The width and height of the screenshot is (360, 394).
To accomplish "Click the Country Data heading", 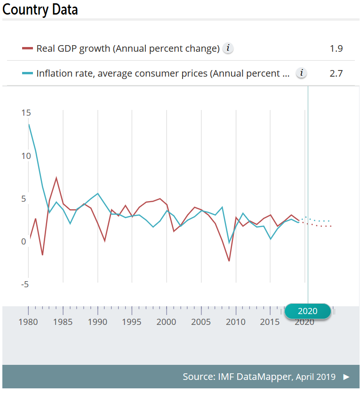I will [x=40, y=10].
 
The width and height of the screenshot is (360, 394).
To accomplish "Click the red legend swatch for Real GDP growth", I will [x=27, y=48].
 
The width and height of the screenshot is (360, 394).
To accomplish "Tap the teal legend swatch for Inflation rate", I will [x=27, y=73].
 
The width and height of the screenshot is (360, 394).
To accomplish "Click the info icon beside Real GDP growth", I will [x=228, y=48].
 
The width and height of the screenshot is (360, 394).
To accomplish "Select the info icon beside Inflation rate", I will [x=301, y=73].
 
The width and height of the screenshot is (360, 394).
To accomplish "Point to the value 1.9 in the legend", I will [x=336, y=48].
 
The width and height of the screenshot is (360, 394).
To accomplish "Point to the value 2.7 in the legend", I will [x=336, y=73].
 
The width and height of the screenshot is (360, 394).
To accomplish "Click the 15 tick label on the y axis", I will [x=26, y=113].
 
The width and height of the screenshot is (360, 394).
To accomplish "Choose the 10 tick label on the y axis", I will [x=26, y=156].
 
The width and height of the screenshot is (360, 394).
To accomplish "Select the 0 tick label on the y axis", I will [x=24, y=242].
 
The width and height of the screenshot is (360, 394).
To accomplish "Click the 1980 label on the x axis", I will [x=28, y=322].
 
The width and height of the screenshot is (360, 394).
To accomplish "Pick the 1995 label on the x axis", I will [x=132, y=322].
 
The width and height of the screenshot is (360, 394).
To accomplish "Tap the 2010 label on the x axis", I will [x=235, y=322].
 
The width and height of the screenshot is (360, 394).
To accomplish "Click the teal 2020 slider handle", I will [x=308, y=311].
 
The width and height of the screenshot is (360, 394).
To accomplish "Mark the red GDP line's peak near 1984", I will [x=56, y=178].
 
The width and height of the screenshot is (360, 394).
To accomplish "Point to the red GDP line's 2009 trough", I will [x=229, y=261].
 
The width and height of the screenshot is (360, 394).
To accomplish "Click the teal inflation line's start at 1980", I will [x=29, y=125].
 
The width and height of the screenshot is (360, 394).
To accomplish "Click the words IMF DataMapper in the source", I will [x=255, y=377].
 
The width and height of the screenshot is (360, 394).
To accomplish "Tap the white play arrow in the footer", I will [x=346, y=377].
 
